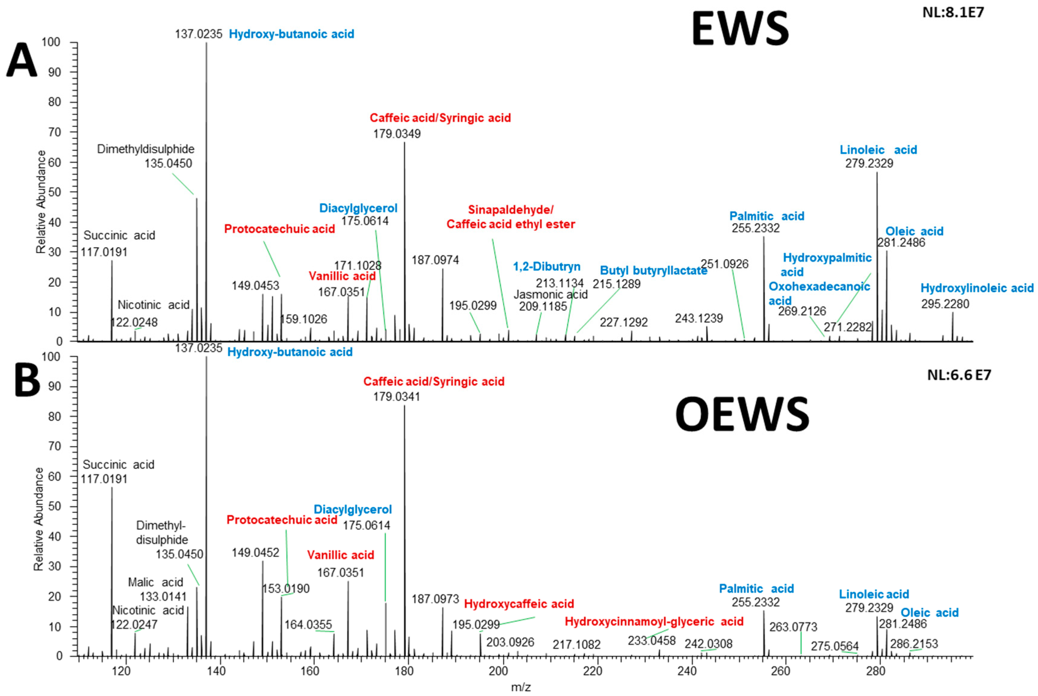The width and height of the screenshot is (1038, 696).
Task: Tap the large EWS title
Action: click(740, 29)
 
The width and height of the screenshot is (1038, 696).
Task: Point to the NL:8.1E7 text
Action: click(953, 12)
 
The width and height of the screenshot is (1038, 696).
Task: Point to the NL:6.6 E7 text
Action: click(959, 375)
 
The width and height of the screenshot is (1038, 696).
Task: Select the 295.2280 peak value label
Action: click(945, 304)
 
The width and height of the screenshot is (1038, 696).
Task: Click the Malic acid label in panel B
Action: click(155, 582)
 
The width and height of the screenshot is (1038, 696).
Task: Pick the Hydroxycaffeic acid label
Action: click(519, 604)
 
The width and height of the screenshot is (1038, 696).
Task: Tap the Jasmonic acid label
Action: click(551, 295)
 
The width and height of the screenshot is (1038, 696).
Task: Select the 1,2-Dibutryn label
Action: click(547, 267)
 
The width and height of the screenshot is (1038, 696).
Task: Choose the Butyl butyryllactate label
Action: click(653, 271)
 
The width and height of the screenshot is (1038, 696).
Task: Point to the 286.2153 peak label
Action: click(914, 644)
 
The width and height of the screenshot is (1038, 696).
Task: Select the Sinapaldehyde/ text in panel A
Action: click(511, 210)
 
